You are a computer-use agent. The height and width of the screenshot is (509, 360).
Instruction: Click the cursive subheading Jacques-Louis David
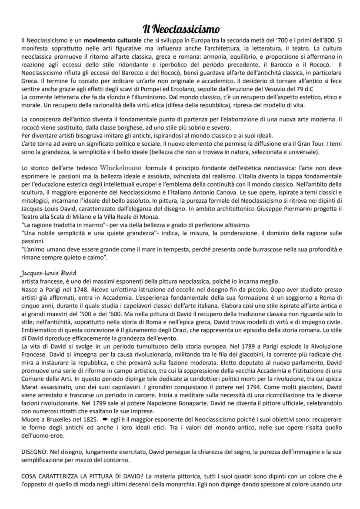pyautogui.click(x=48, y=273)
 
